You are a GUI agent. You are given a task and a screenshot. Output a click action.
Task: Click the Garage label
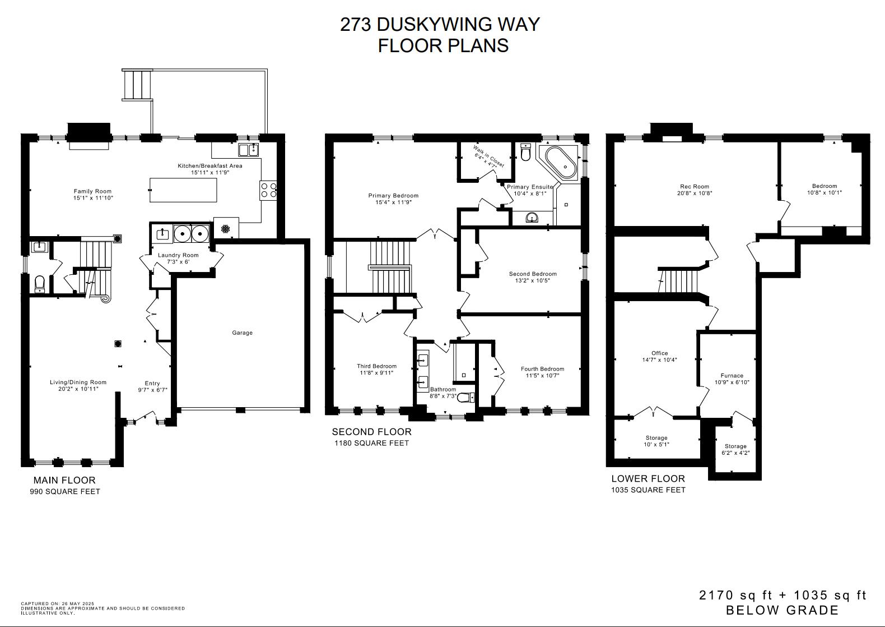click(x=242, y=333)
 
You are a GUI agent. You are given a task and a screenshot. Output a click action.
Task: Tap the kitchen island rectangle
click(x=183, y=190)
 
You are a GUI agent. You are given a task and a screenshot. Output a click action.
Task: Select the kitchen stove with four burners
click(x=268, y=190)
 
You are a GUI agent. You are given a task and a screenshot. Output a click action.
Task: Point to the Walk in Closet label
click(x=489, y=157)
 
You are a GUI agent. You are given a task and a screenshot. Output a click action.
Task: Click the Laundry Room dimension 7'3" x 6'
click(x=178, y=262)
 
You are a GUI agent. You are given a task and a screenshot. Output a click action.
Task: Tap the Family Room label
click(x=93, y=191)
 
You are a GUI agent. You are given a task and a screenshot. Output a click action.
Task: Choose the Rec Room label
click(x=695, y=186)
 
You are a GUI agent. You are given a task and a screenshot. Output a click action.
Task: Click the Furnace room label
click(x=732, y=375)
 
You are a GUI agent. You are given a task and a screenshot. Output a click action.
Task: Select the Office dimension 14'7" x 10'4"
click(x=659, y=360)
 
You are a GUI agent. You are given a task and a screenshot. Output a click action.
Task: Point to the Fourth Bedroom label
click(x=542, y=368)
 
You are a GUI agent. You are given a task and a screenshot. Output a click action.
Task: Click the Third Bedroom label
click(x=376, y=366)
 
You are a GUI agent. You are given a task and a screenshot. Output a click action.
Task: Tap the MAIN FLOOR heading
click(x=64, y=480)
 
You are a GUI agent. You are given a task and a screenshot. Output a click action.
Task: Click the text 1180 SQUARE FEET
click(x=372, y=443)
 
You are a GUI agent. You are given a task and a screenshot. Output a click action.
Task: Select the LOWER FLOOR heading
click(x=648, y=478)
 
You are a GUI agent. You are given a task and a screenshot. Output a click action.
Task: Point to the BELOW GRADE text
click(x=782, y=610)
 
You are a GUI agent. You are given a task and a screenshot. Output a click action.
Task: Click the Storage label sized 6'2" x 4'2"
click(x=735, y=446)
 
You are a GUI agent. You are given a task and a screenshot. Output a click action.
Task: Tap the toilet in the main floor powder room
click(x=40, y=284)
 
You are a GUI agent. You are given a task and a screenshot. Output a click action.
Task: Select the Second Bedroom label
click(x=533, y=274)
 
